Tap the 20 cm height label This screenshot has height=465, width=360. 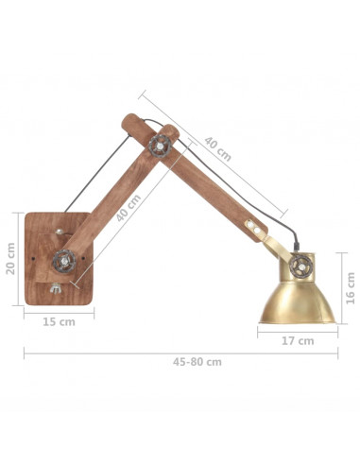[x=11, y=258]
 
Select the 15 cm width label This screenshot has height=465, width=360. [x=60, y=321]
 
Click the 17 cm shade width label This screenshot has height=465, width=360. [x=299, y=341]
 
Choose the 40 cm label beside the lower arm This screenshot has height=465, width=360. [x=129, y=209]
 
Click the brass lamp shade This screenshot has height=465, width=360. [x=299, y=297]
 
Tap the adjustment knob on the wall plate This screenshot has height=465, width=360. [x=65, y=256]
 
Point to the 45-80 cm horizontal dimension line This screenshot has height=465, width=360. [x=180, y=353]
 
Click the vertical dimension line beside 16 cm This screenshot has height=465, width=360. [x=339, y=284]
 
